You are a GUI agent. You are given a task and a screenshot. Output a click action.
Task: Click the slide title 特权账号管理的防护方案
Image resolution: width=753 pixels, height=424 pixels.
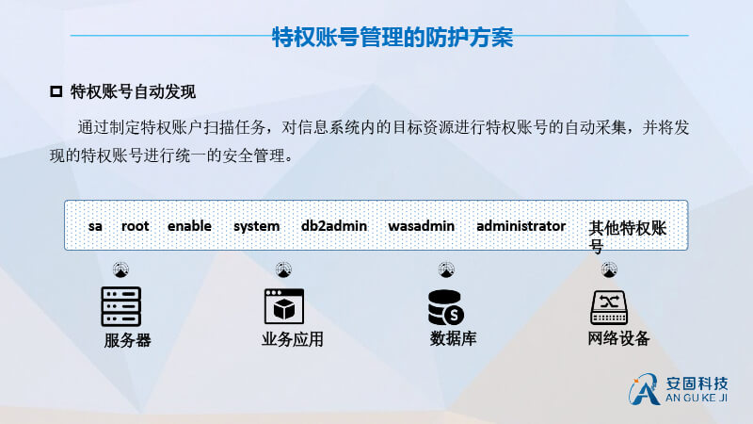click(x=393, y=37)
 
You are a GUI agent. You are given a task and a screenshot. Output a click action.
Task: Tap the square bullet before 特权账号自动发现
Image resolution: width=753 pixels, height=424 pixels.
click(x=56, y=91)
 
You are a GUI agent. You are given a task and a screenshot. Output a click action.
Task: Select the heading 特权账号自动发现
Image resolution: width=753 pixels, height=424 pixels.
click(x=133, y=91)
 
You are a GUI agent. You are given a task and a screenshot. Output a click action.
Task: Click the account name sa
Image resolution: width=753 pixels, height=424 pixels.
click(x=95, y=226)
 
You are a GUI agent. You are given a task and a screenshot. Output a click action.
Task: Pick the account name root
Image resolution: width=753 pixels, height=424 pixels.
click(x=135, y=226)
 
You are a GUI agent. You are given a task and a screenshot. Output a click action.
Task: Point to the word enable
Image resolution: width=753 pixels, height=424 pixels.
click(x=189, y=225)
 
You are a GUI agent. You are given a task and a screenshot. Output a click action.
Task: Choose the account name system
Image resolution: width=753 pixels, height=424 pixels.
click(x=256, y=226)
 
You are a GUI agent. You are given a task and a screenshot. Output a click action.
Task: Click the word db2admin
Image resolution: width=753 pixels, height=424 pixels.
click(x=334, y=225)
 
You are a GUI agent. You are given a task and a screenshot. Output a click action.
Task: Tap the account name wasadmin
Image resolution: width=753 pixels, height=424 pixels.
click(x=421, y=225)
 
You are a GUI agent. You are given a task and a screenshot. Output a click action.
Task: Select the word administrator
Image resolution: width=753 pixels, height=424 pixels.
click(x=521, y=225)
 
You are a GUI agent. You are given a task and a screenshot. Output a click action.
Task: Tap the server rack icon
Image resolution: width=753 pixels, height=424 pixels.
click(x=121, y=307)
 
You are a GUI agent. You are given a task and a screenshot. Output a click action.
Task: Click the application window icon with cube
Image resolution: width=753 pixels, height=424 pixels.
click(x=284, y=306)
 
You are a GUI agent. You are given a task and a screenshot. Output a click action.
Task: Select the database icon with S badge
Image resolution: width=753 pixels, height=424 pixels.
click(x=445, y=308)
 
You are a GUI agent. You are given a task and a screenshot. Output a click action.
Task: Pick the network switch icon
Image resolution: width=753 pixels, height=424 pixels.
click(x=609, y=308)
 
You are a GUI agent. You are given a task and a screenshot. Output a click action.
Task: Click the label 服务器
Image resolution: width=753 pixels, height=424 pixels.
click(x=127, y=340)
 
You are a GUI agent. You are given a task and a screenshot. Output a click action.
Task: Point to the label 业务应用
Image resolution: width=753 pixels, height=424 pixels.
click(x=293, y=339)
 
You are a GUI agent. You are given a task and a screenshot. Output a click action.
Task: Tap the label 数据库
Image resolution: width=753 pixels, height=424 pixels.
click(x=453, y=338)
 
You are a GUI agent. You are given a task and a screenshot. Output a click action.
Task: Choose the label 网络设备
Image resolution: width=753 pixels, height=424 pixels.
click(x=618, y=338)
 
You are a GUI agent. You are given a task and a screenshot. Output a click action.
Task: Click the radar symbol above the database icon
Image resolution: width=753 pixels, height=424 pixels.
click(x=446, y=269)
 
